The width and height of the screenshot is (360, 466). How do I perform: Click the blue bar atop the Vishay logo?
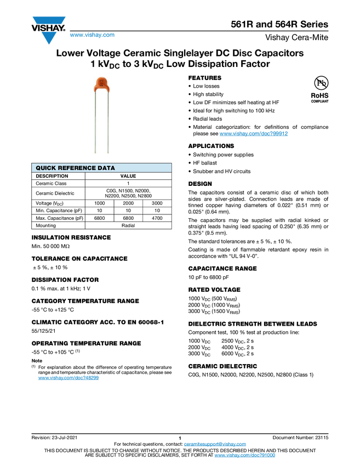[49, 20]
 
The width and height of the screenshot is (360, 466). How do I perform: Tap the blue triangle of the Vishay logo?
[49, 38]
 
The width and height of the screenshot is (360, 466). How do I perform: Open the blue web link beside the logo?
[92, 36]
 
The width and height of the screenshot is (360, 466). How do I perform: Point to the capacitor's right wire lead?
[109, 121]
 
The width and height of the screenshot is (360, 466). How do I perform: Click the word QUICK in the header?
[46, 168]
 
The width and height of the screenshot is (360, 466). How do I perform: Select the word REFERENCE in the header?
[77, 168]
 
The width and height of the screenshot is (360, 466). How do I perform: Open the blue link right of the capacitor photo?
[254, 134]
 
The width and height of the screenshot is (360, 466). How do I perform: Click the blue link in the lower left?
[68, 378]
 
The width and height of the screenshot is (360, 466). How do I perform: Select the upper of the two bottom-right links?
[215, 444]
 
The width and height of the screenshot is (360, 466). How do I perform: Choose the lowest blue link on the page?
[245, 456]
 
